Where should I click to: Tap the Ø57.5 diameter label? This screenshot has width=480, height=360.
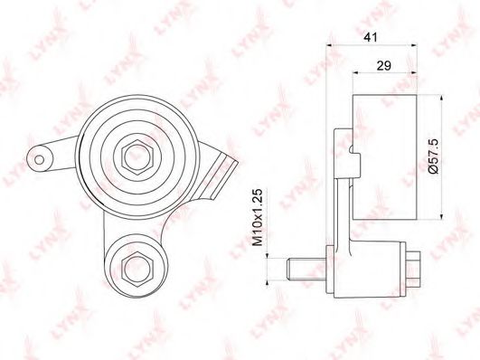pyautogui.click(x=431, y=155)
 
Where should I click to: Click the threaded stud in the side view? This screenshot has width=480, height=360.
pyautogui.click(x=304, y=269)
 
